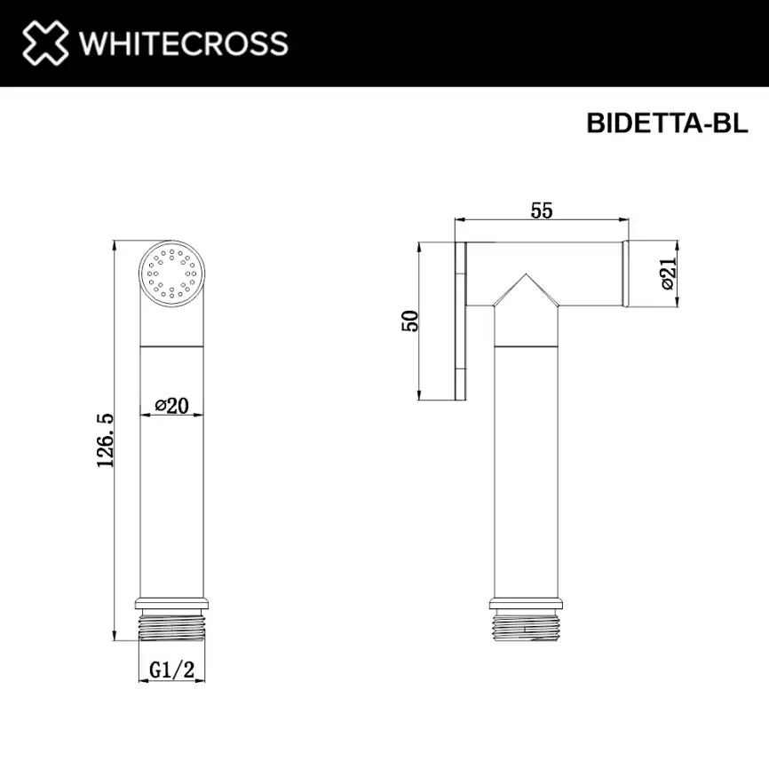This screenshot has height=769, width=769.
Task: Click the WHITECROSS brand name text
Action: (183, 44)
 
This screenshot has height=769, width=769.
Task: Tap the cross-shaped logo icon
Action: (44, 43)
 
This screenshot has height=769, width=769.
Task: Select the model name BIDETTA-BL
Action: (667, 123)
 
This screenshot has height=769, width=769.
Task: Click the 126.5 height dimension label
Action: (105, 440)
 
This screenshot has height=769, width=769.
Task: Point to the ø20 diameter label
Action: (172, 405)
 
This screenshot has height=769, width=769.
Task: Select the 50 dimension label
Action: (410, 321)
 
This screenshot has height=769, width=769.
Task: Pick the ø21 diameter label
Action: (668, 274)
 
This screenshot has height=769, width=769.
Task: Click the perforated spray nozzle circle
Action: (172, 273)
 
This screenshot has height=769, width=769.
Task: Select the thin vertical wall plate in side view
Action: (460, 320)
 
